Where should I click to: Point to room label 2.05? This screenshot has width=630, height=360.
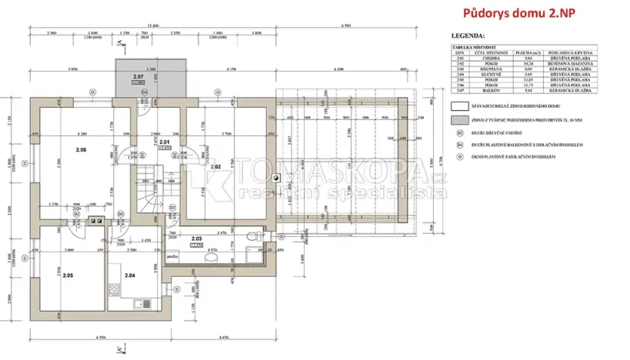tap(68, 275)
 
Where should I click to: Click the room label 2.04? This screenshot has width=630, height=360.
tap(129, 275)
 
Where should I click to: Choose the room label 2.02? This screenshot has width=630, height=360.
tap(215, 166)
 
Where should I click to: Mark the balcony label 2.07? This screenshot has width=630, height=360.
tap(138, 77)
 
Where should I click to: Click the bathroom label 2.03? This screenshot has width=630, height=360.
tap(197, 239)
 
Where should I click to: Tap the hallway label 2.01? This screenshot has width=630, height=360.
tap(164, 142)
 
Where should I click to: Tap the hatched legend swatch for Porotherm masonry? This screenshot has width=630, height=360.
tap(460, 120)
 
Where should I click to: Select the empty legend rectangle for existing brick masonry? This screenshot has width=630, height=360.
tap(460, 106)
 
